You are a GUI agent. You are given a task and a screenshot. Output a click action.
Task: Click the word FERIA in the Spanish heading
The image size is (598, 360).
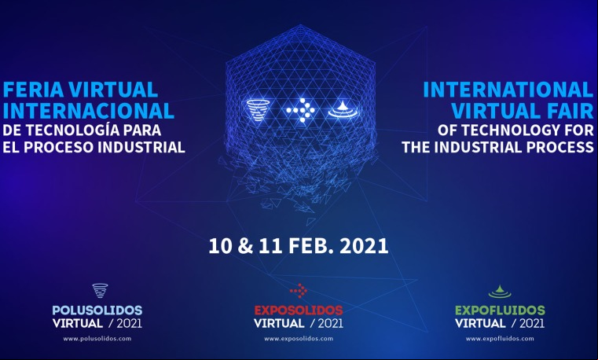(33, 90)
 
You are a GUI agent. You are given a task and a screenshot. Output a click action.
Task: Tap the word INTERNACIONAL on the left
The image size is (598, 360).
(89, 111)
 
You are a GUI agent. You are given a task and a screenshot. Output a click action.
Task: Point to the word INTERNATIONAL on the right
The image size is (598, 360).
(508, 90)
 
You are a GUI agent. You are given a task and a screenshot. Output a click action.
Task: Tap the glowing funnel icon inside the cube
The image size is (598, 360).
(258, 110)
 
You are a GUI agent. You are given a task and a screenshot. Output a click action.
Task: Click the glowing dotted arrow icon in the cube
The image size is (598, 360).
(301, 110)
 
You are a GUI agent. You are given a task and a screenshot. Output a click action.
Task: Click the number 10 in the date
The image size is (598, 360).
(221, 246)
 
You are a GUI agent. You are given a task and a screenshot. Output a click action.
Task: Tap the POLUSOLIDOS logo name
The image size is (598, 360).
(97, 310)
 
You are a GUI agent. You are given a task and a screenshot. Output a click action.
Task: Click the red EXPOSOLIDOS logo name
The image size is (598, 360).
(299, 310)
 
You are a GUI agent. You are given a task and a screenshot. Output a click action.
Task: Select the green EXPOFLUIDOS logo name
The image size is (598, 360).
(500, 310)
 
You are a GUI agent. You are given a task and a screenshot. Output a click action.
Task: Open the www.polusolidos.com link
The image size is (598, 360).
(97, 338)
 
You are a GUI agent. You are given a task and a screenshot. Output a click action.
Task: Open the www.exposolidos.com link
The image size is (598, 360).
(299, 338)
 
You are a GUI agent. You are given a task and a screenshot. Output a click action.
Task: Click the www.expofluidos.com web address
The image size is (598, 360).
(500, 338)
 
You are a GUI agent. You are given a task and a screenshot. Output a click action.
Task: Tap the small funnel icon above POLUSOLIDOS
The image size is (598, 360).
(100, 290)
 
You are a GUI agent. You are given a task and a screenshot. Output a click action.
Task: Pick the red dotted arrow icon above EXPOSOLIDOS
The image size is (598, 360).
(299, 291)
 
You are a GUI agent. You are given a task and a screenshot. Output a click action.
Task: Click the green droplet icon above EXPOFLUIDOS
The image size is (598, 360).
(500, 292)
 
